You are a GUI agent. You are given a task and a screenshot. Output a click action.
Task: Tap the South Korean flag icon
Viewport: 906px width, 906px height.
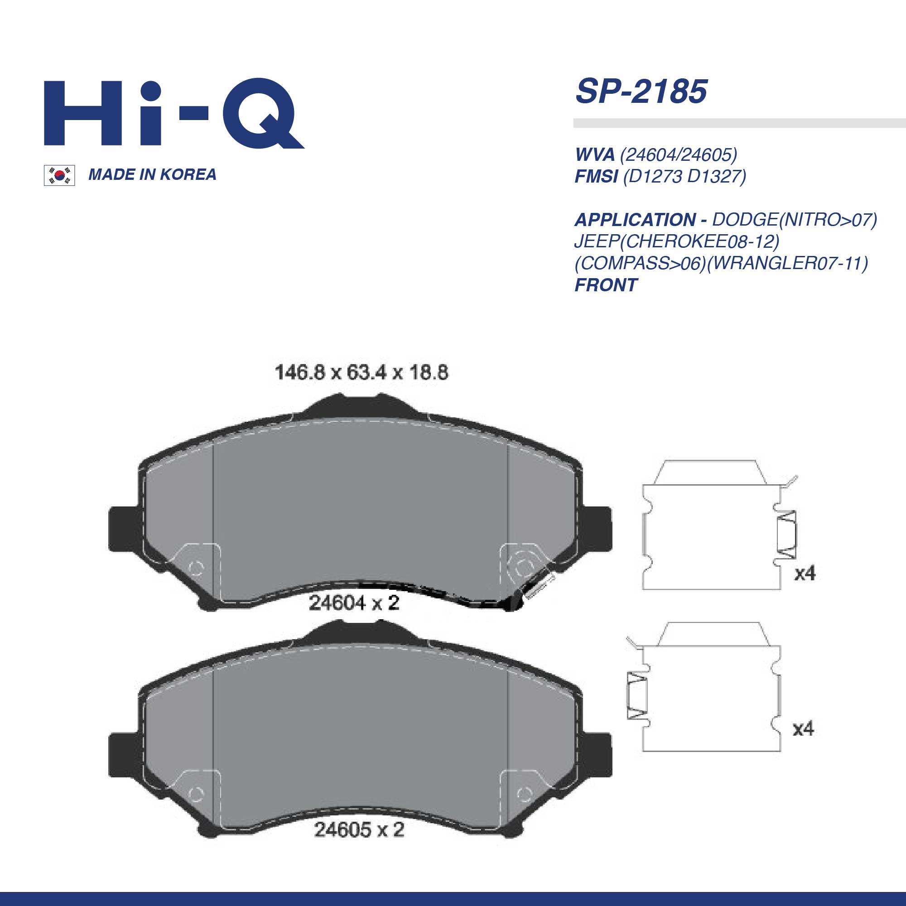(x=59, y=175)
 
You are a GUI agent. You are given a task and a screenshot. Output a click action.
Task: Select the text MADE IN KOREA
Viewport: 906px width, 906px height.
(x=152, y=174)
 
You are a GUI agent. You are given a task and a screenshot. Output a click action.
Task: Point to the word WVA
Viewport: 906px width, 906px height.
(x=595, y=154)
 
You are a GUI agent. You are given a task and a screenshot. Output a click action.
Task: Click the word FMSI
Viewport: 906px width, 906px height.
(x=596, y=176)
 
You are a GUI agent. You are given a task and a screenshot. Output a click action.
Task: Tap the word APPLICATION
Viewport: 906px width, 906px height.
(x=636, y=219)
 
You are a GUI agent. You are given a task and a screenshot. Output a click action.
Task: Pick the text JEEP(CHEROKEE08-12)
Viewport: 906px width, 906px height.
(x=677, y=241)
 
